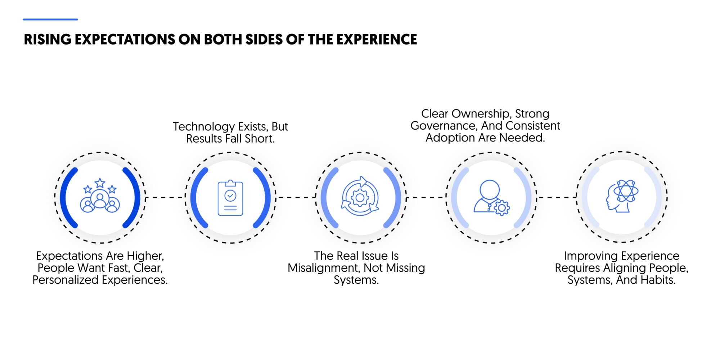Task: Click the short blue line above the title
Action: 50,19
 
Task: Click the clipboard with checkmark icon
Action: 230,198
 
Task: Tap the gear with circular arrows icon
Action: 360,197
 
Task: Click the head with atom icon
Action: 621,197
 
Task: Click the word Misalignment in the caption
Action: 324,268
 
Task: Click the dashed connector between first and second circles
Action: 165,197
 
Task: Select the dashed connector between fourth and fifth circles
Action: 557,197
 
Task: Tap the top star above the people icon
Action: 100,183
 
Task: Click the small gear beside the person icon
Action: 501,208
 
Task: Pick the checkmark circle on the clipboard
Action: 230,195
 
